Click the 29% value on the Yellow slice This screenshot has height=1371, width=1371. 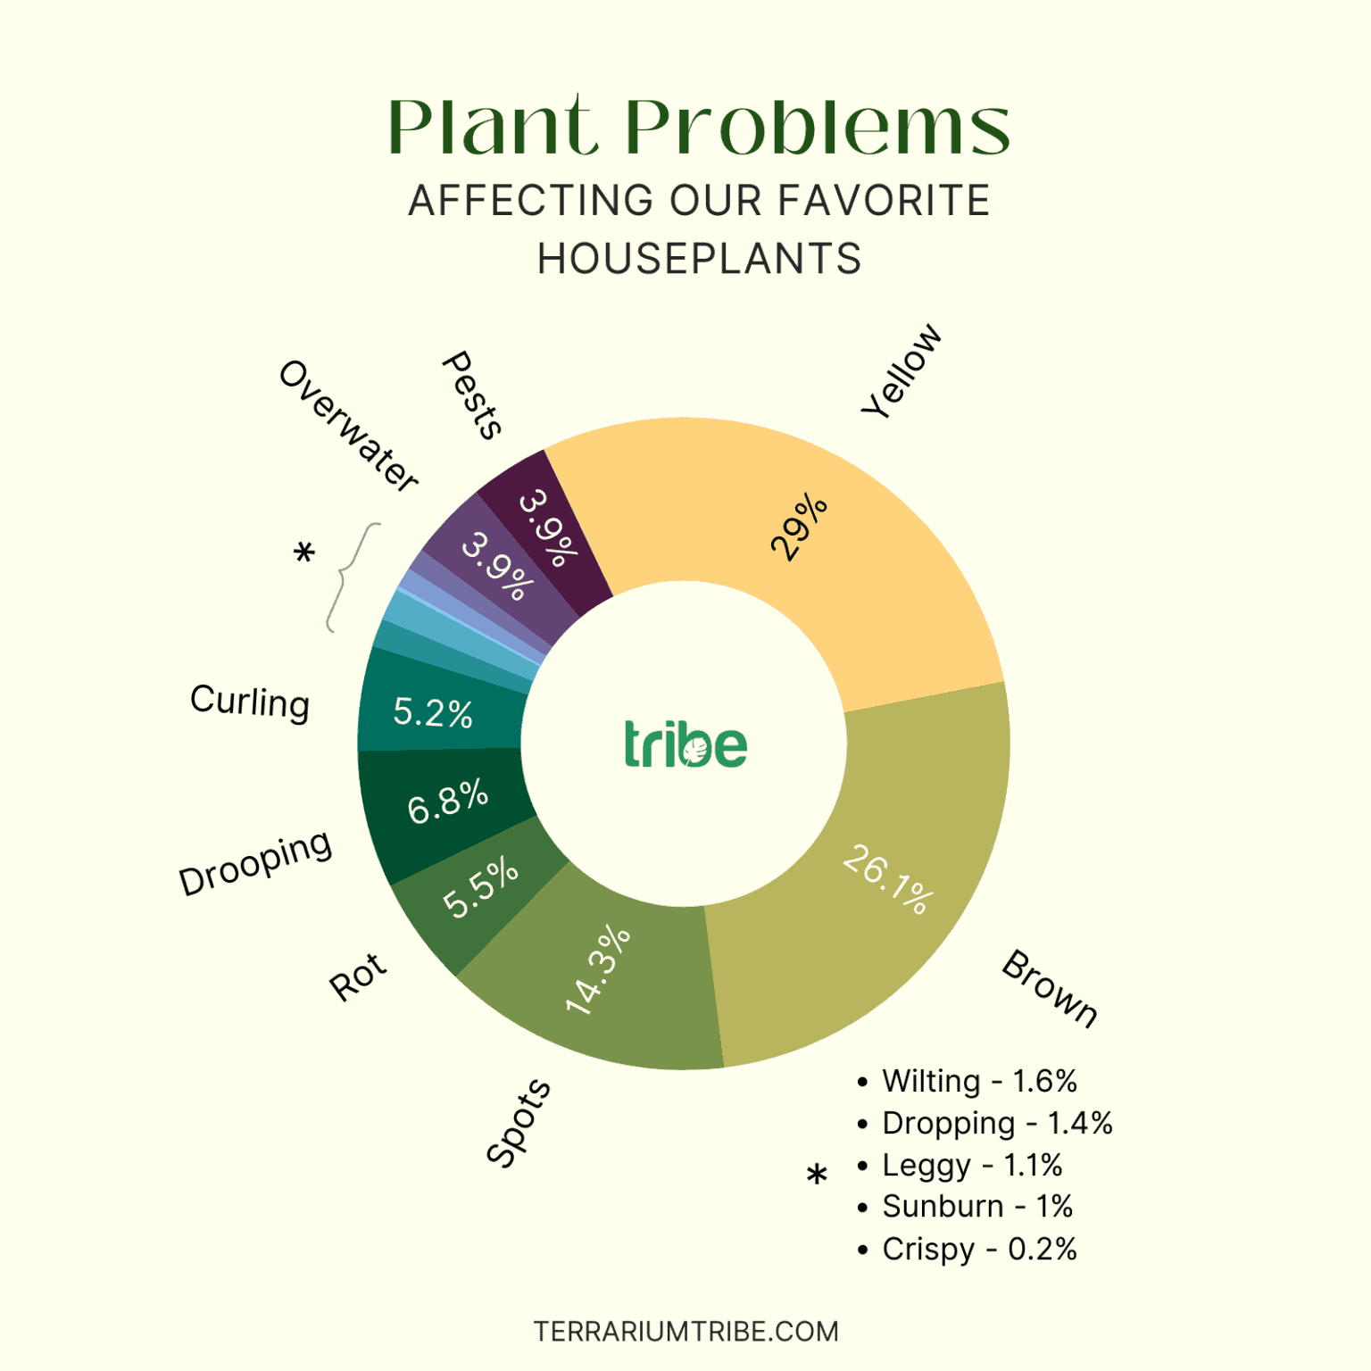click(799, 527)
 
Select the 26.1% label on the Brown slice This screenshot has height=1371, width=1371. click(889, 879)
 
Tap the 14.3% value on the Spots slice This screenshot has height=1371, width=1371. click(598, 971)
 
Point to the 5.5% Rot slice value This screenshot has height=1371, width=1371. click(480, 886)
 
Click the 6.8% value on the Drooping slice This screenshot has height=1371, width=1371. click(448, 801)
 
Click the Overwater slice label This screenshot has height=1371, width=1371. click(348, 427)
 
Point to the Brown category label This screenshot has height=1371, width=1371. click(1050, 989)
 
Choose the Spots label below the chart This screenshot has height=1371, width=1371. click(519, 1123)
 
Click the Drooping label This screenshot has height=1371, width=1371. click(255, 862)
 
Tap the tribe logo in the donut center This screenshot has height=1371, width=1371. click(685, 744)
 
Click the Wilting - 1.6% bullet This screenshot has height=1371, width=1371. click(979, 1081)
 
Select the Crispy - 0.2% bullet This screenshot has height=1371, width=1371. click(979, 1249)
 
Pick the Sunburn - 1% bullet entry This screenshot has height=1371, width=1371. click(976, 1207)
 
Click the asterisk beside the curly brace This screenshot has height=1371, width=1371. click(304, 554)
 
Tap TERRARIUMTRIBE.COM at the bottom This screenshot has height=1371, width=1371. click(685, 1332)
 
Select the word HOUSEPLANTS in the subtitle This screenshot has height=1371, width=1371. click(699, 259)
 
